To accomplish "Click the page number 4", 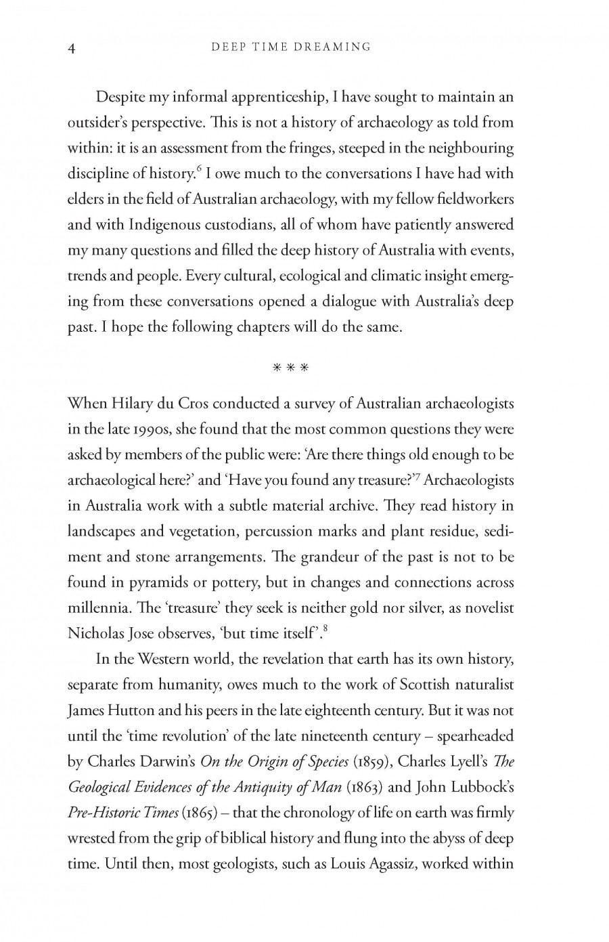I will point(72,47).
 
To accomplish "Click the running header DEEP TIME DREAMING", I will point(291,47).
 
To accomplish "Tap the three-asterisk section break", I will point(290,368).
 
